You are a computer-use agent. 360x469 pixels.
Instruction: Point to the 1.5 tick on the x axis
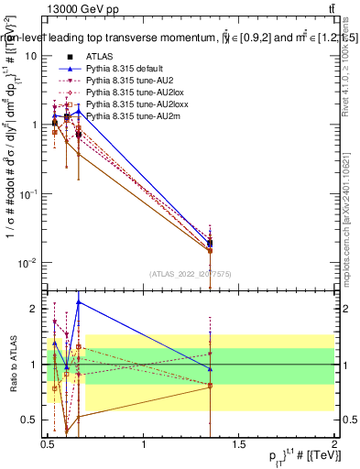click(x=239, y=444)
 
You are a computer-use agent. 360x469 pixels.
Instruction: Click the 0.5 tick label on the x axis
click(x=48, y=444)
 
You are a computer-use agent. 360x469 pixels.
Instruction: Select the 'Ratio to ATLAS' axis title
click(x=12, y=365)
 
